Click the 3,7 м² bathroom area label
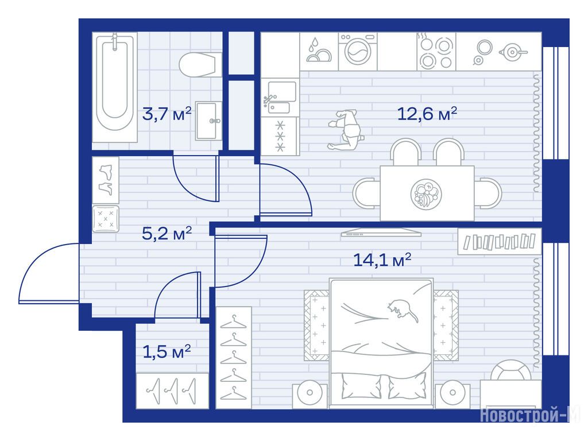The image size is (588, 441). pos(167,114)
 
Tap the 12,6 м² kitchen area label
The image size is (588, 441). pos(427,114)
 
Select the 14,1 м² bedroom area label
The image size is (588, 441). pos(382,260)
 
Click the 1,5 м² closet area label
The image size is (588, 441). pos(167,352)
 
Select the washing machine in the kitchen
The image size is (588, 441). pos(358,51)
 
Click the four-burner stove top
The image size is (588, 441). pos(436,51)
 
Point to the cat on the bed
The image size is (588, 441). pos(403,310)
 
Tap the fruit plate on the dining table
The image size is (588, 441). pos(426,194)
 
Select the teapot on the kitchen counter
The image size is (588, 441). pos(512,52)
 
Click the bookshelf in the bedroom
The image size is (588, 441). pos(500,242)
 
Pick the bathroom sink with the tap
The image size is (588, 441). pos(208,121)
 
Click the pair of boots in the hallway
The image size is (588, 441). pos(106,180)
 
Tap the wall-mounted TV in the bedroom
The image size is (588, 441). pos(381,233)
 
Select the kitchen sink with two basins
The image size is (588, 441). pos(280,98)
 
